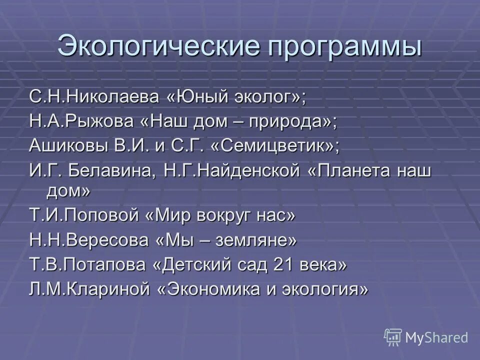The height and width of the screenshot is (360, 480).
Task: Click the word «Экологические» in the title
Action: coord(159,47)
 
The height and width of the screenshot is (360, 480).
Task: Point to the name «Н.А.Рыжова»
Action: coord(79,121)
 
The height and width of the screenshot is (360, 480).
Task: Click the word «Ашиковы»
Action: coord(65,146)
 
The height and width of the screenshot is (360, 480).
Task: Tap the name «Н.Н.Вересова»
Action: coord(88,241)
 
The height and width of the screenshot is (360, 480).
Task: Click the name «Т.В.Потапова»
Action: coord(87,265)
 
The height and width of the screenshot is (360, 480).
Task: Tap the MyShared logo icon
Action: coord(393,337)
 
